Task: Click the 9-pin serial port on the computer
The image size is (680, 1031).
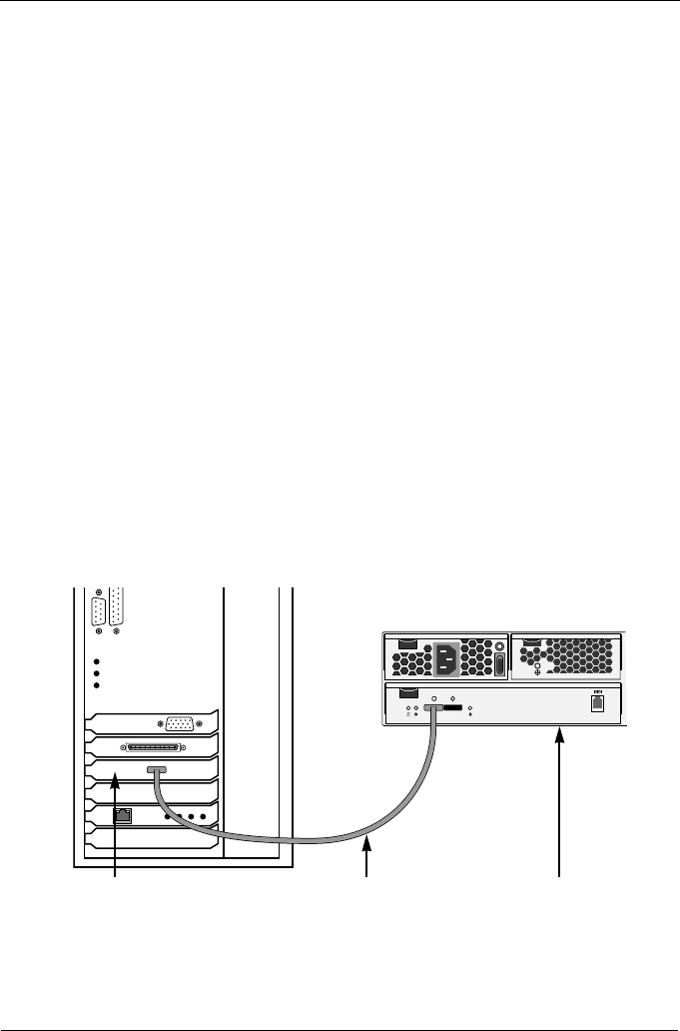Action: coord(99,610)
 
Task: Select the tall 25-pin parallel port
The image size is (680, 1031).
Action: coord(117,604)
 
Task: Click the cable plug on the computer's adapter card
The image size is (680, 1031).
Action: coord(157,770)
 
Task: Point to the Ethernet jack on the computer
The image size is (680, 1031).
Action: coord(122,815)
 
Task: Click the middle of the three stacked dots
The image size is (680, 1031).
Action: coord(97,674)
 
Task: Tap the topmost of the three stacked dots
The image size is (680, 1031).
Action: coord(97,661)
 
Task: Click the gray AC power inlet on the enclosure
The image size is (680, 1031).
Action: coord(446,659)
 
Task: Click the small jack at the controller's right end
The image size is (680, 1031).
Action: coord(597,700)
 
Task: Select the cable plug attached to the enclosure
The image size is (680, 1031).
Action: coord(432,707)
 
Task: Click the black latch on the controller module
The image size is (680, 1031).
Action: coord(406,693)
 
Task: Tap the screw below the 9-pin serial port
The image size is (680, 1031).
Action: coord(99,631)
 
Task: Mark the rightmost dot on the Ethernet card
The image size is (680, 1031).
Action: coord(203,816)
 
